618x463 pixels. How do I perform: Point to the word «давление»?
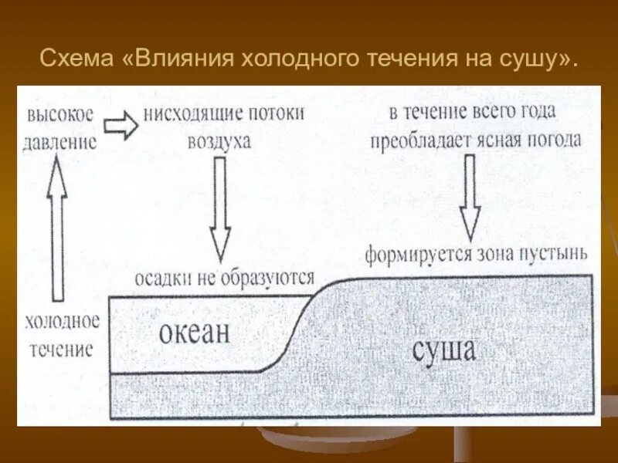(62, 142)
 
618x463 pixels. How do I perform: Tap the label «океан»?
(195, 333)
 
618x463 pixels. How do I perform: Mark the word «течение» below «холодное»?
(62, 349)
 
